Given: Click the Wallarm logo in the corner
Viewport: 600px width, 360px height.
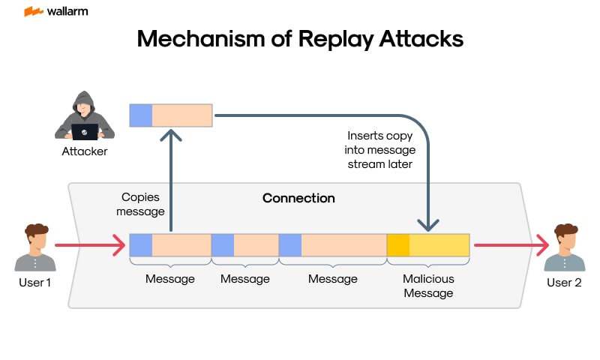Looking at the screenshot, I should click(x=56, y=11).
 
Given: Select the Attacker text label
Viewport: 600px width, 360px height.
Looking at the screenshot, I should click(x=85, y=151).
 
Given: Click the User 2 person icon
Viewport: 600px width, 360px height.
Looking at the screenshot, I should click(x=565, y=247).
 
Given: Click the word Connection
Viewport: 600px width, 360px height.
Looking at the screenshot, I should click(x=298, y=198).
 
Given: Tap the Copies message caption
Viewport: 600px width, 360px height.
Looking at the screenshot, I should click(x=142, y=204).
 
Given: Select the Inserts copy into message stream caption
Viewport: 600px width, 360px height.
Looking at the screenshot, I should click(x=379, y=149).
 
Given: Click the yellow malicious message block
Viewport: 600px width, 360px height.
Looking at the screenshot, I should click(x=428, y=245).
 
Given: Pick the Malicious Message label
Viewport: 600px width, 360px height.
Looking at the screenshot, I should click(x=428, y=286).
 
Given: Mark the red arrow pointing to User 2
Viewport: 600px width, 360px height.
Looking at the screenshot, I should click(x=511, y=244).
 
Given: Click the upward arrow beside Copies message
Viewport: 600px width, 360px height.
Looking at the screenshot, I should click(x=172, y=180).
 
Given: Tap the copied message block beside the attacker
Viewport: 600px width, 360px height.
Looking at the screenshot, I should click(x=171, y=115).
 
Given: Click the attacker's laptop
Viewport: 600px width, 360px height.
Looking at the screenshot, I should click(x=85, y=132).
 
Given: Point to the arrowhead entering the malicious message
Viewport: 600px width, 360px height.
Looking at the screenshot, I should click(x=428, y=223).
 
